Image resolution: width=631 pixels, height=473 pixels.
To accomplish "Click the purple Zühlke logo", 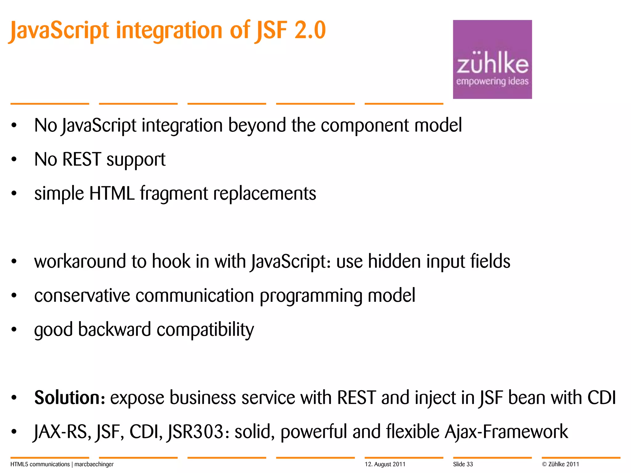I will pos(492,59).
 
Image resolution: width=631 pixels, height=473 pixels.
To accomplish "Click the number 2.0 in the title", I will pos(310,30).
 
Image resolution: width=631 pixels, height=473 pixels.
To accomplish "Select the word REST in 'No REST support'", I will pos(82,160).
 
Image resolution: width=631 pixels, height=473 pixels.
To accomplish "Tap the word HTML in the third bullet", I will pos(112,194).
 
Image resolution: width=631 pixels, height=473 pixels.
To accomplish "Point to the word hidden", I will pos(394,261).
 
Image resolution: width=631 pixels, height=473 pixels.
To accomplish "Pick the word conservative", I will pos(82,296).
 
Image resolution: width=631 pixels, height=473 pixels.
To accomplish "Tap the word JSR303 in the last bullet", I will pos(195,432).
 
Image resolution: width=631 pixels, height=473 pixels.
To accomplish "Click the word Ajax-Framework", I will pos(506,432).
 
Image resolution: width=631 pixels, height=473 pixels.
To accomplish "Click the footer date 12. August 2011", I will pos(385,464).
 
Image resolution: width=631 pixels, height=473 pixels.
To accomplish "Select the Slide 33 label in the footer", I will pos(463,464).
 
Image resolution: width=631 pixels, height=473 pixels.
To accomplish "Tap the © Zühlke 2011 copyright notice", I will pos(560,464).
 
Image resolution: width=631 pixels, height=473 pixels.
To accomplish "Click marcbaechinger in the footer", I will pos(94,464).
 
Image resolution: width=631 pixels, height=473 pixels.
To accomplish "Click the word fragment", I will pos(174,194).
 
